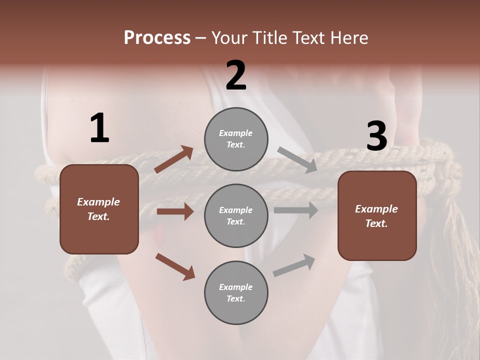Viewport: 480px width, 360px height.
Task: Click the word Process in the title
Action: (157, 38)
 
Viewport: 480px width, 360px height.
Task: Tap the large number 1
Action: (99, 128)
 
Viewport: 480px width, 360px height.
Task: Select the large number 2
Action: (236, 75)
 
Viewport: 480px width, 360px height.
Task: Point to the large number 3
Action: (376, 136)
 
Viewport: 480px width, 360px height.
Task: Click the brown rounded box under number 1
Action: (99, 209)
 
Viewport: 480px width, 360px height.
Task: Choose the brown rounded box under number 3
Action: (377, 215)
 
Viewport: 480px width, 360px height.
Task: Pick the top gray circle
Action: (236, 139)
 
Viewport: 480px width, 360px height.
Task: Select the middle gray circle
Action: (236, 215)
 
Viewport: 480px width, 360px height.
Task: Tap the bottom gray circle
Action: (236, 292)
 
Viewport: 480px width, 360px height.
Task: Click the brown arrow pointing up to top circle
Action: (173, 159)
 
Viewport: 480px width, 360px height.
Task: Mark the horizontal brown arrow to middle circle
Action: (175, 211)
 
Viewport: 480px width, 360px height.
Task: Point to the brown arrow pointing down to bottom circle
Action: (175, 266)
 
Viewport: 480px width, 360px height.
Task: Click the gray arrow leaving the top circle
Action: (297, 160)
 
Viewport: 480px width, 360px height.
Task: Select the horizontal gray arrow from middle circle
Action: (296, 210)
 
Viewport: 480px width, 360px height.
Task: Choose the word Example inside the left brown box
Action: (98, 202)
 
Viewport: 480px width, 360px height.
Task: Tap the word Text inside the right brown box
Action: (376, 223)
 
